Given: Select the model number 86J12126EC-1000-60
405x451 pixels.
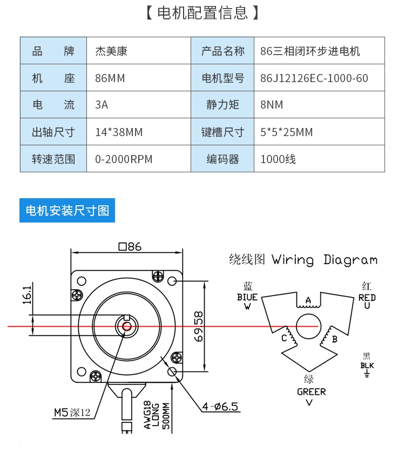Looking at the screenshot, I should [x=314, y=78].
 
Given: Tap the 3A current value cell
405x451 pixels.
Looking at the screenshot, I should [x=102, y=105].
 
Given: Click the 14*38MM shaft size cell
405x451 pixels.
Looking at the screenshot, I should [x=119, y=132].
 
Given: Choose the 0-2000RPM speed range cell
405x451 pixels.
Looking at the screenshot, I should [x=124, y=159].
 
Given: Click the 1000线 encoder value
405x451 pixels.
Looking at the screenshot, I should [x=278, y=159].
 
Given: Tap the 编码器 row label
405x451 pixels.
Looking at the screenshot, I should [x=222, y=159].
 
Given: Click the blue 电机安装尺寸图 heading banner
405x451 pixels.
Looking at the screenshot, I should [x=67, y=210].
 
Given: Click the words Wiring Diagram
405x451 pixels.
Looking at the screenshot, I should [x=325, y=260].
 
